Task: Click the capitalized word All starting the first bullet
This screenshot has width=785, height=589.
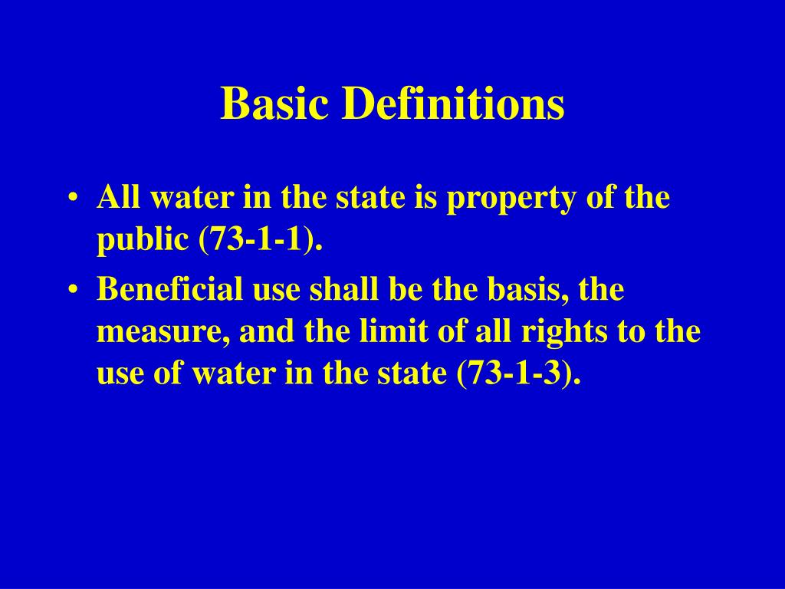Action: coord(117,199)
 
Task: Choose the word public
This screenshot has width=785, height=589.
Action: coord(143,241)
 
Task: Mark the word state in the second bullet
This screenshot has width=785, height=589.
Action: coord(417,374)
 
